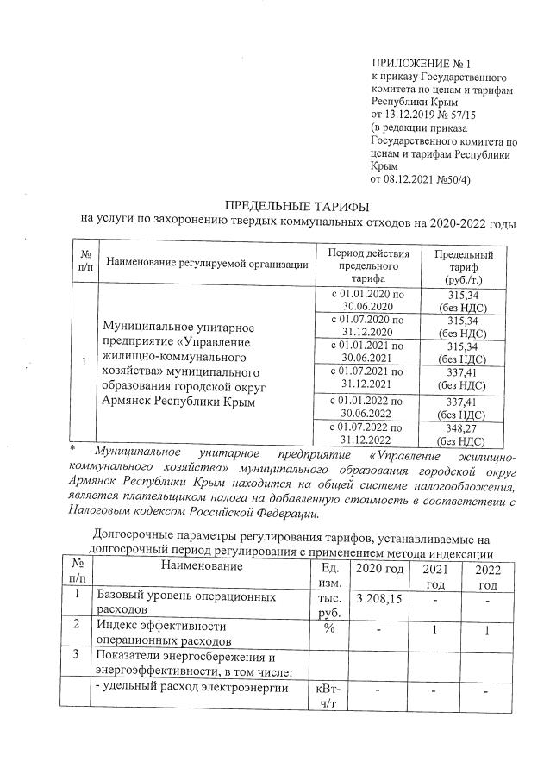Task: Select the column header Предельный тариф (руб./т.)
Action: [464, 268]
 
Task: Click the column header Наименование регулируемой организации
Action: [207, 264]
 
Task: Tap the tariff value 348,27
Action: [463, 425]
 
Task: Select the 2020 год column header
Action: [379, 568]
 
